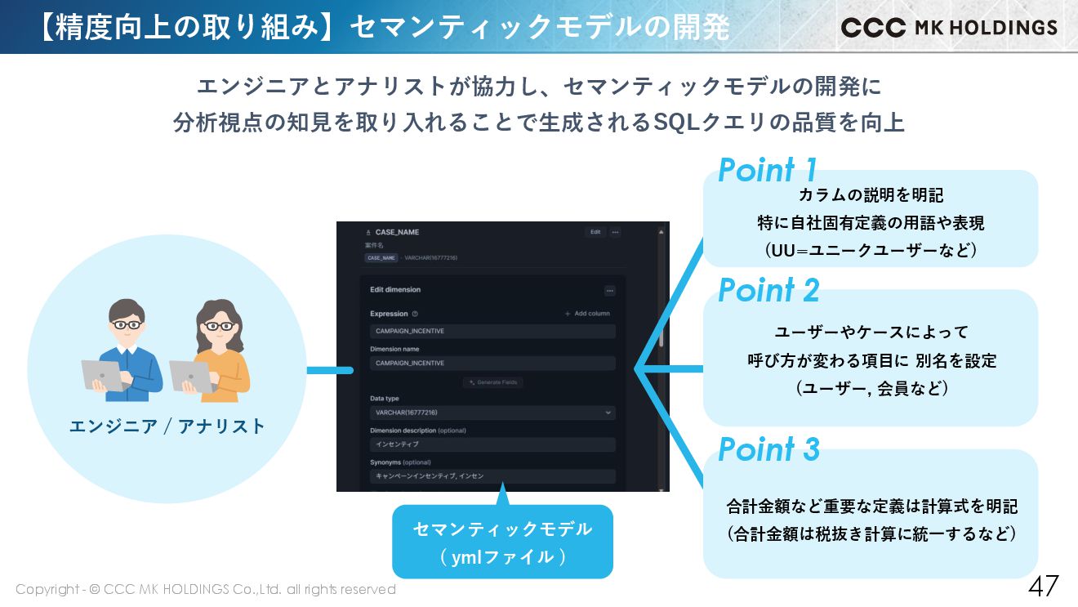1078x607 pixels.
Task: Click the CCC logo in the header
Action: coord(873,27)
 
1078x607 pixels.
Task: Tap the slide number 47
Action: coord(1043,586)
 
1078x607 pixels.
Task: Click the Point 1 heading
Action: coord(767,170)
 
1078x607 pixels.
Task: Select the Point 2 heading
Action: coord(768,290)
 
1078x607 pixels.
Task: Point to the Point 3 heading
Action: coord(768,449)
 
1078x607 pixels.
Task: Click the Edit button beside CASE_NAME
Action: coord(595,232)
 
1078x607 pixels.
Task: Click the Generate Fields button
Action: coord(493,382)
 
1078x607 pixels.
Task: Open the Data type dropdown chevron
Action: coord(608,413)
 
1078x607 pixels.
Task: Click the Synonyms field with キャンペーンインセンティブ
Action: coord(492,475)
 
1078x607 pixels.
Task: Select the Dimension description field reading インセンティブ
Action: coord(492,444)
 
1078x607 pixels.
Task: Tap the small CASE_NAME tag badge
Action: coord(381,257)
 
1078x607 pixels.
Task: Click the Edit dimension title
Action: coord(395,290)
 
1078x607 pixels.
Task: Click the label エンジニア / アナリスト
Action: coord(167,426)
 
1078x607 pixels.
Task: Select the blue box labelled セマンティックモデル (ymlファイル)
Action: coord(502,542)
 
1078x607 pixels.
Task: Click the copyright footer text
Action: coord(205,589)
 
